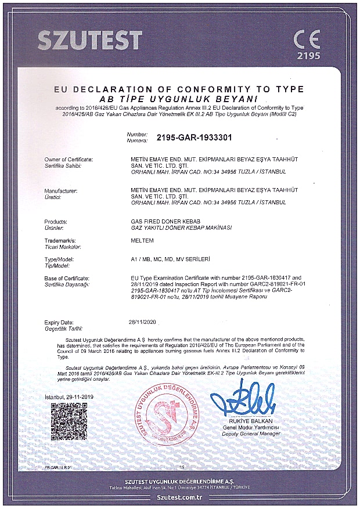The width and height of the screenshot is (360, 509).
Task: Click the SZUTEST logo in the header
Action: pos(89,39)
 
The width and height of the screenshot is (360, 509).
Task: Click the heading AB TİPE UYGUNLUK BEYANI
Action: pos(179,99)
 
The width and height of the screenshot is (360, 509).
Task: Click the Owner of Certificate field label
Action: pos(69,158)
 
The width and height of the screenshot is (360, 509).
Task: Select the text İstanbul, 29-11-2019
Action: pos(69,397)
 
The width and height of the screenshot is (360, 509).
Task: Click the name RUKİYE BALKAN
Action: pos(246,421)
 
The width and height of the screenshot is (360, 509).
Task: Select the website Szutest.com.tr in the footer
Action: pos(179,498)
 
